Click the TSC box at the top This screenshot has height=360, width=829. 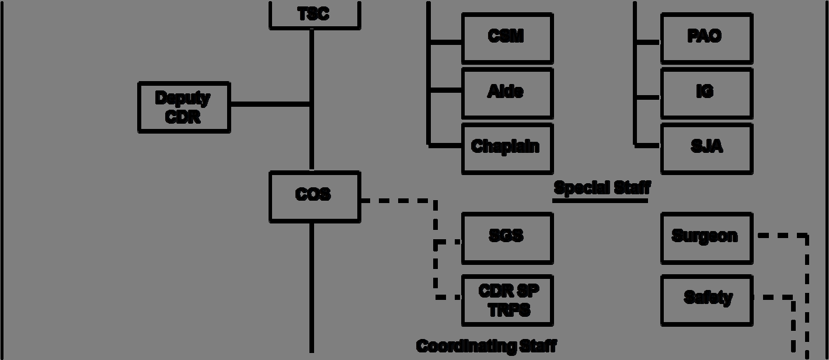coord(314,15)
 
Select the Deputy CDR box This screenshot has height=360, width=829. coord(184,107)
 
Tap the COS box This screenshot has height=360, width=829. coord(314,196)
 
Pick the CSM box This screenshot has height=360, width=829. coord(507,38)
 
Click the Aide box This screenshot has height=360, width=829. coord(507,93)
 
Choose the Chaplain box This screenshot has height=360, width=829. coord(507,148)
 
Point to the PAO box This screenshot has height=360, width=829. coord(706,38)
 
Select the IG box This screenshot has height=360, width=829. coord(706,93)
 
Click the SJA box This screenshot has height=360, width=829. coord(706,148)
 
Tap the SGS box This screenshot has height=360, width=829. coord(507,237)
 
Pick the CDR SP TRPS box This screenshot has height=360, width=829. coord(507,300)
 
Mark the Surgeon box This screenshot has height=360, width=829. coord(706,237)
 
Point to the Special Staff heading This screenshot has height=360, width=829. coord(601,188)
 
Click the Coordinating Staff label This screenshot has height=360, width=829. coord(486,346)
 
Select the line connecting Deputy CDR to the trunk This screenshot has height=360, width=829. coord(270,104)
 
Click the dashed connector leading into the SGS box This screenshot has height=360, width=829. coord(448,242)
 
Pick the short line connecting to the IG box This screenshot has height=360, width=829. coord(647,97)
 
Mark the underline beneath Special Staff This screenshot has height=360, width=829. coord(600,201)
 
